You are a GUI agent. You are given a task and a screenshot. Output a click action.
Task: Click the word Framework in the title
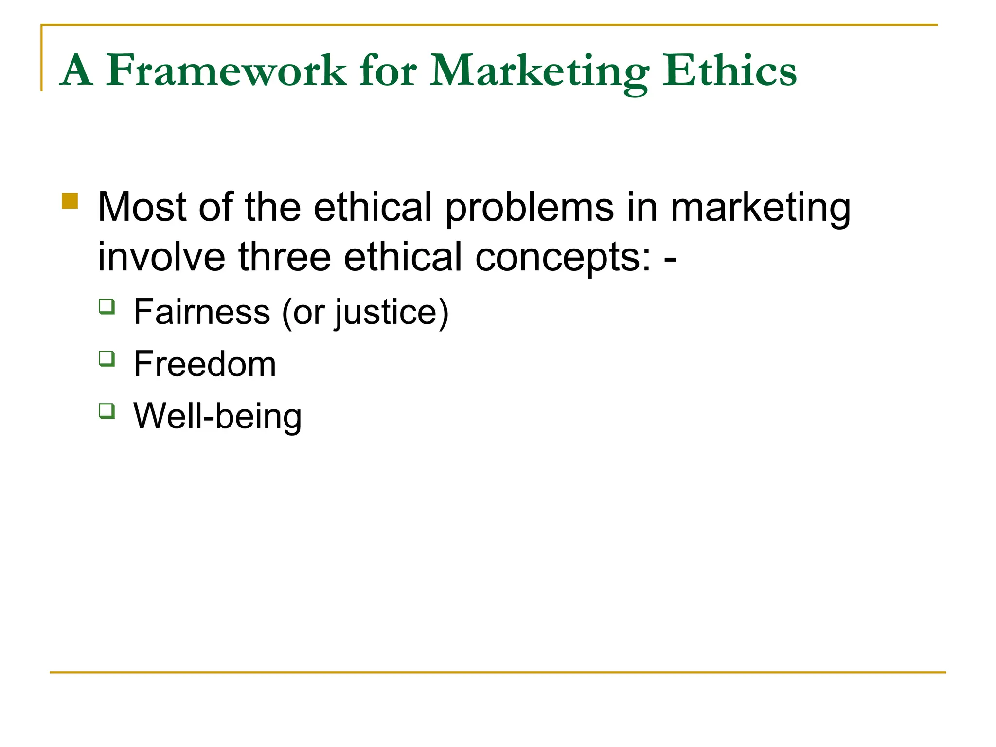click(x=226, y=71)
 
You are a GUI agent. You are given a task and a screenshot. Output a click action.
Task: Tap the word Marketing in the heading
click(x=539, y=72)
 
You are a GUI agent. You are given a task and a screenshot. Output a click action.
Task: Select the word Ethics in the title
click(x=729, y=71)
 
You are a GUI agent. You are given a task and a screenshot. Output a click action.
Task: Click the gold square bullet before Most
click(x=70, y=201)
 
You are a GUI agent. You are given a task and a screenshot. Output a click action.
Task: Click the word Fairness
click(x=202, y=312)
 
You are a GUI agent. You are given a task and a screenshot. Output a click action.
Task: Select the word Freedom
click(x=205, y=364)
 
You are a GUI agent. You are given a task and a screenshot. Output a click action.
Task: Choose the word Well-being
click(x=217, y=417)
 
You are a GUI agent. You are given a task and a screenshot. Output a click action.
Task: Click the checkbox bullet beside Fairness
click(x=107, y=307)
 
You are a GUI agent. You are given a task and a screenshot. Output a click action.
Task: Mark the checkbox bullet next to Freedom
click(x=107, y=359)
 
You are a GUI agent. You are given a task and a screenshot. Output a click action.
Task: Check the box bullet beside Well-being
click(x=107, y=411)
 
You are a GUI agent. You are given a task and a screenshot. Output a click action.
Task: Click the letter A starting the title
click(x=77, y=71)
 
